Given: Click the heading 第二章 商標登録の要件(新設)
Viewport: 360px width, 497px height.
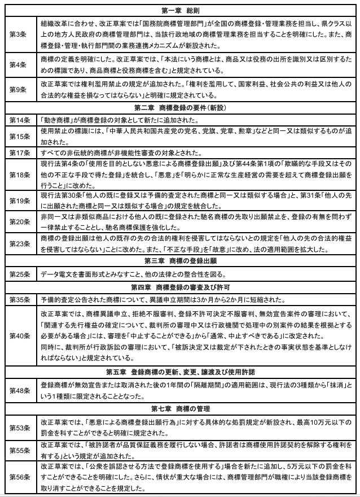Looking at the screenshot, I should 179,108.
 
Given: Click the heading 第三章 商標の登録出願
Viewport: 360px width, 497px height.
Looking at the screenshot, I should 179,260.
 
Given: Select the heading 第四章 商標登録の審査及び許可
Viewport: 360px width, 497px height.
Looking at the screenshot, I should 179,286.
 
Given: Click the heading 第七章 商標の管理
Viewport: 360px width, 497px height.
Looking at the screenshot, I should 179,408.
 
